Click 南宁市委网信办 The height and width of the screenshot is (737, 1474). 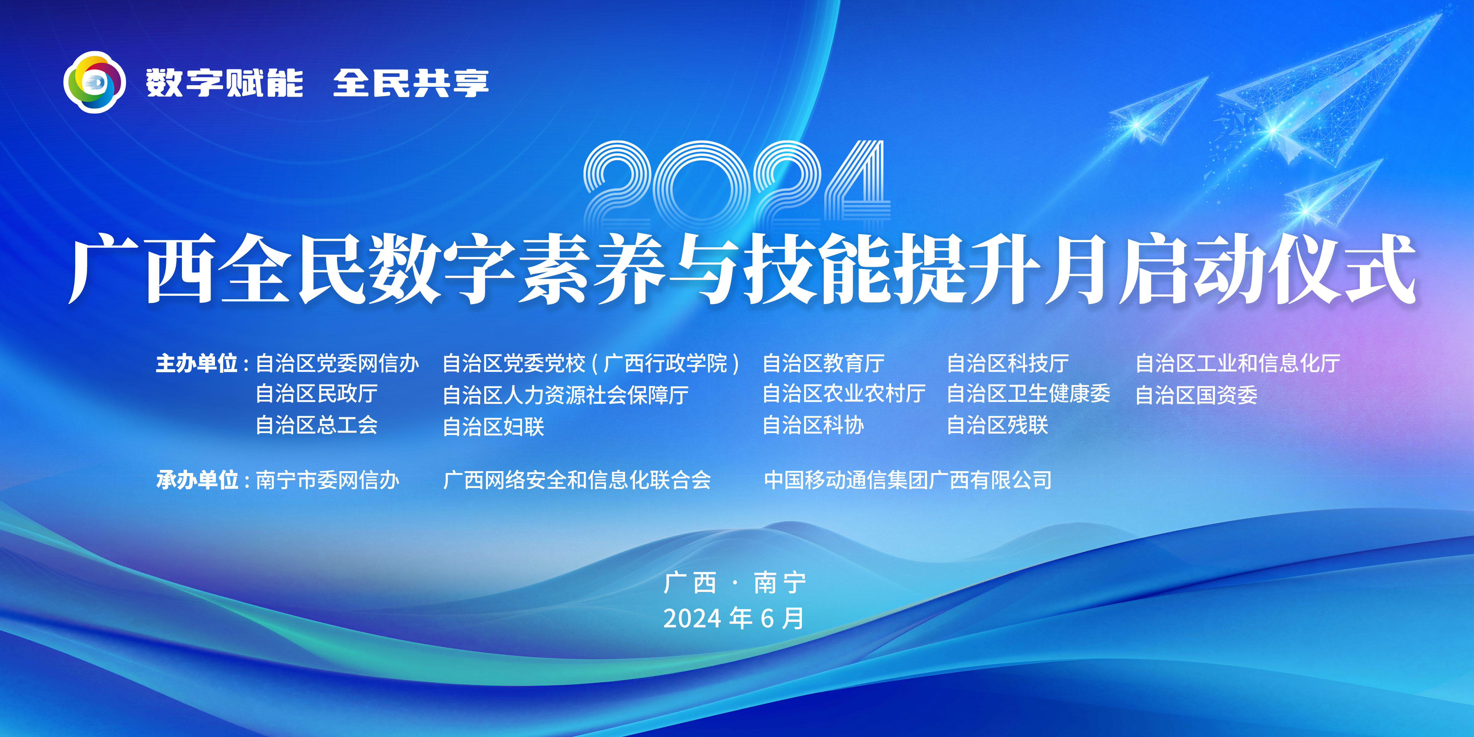coord(327,480)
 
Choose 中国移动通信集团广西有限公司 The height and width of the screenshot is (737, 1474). coord(908,480)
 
